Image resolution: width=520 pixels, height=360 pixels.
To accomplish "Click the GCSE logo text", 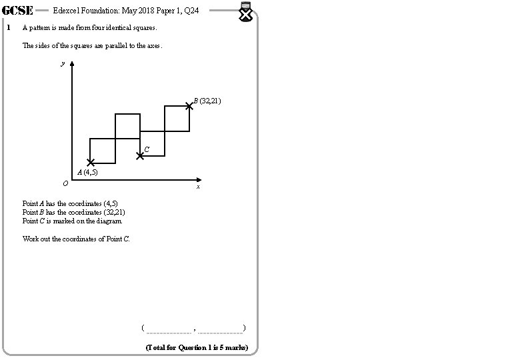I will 19,11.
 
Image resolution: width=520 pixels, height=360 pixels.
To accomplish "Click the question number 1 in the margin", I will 8,29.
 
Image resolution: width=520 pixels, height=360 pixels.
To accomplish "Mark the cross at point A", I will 91,163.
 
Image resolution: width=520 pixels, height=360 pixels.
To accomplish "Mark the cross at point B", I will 189,105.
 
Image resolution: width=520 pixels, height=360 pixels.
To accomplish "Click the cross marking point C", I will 140,156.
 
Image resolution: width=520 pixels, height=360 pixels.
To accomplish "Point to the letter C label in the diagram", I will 147,149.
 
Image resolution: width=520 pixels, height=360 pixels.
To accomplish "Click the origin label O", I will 65,183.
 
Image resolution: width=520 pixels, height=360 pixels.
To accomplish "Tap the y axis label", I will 62,64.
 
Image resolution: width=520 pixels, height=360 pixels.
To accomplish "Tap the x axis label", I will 198,187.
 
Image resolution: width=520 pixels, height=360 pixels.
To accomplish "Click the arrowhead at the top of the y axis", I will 72,65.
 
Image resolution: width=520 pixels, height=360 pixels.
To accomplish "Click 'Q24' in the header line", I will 193,11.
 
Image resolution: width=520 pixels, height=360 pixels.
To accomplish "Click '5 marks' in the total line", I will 233,347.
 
